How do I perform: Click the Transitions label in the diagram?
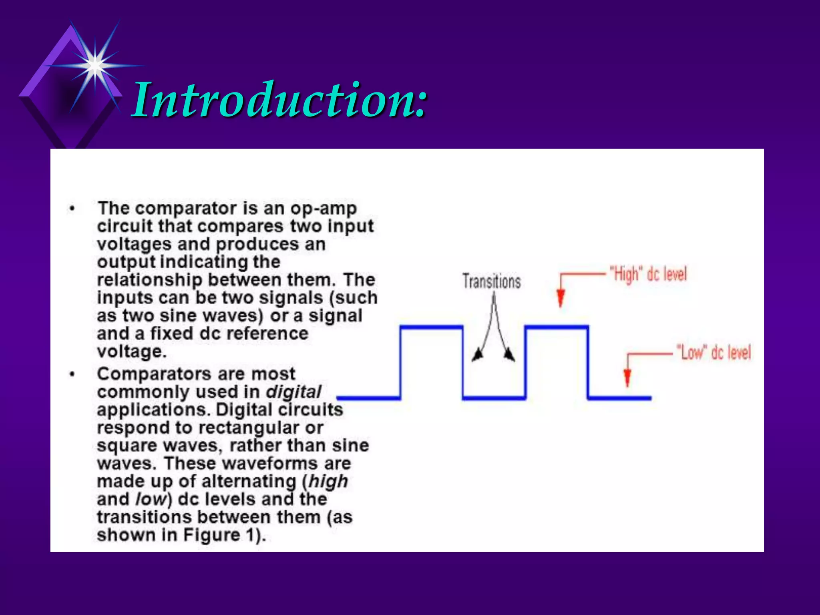click(491, 281)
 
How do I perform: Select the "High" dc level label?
click(647, 275)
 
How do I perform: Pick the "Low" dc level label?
click(713, 353)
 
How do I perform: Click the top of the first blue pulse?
click(432, 328)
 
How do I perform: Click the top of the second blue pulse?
click(557, 328)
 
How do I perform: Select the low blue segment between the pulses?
click(494, 398)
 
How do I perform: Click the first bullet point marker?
click(72, 209)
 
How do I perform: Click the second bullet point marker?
click(72, 374)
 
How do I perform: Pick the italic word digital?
click(293, 392)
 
